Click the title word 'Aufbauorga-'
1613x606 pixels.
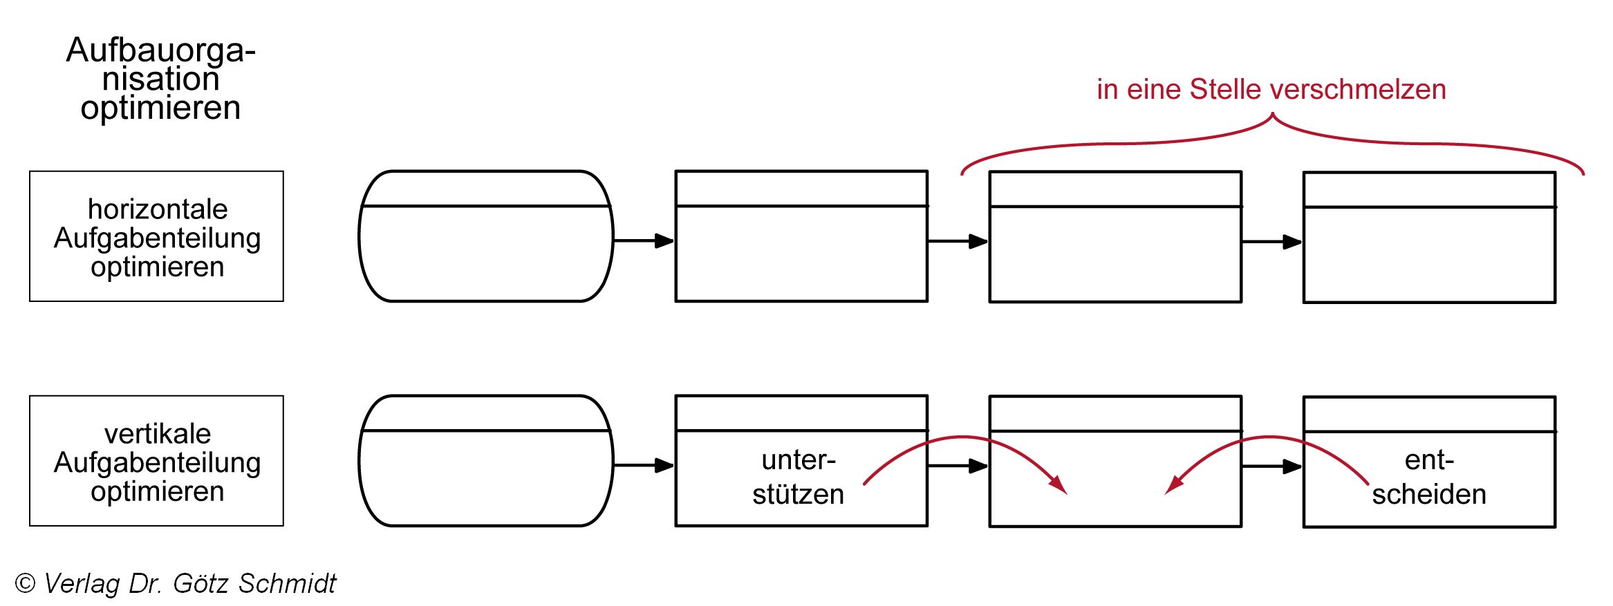[x=160, y=50]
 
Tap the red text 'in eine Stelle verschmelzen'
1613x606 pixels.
[x=1271, y=89]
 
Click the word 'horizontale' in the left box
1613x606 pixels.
[x=158, y=209]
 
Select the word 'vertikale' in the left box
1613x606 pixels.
[x=158, y=433]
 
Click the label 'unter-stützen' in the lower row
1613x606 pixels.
[x=799, y=477]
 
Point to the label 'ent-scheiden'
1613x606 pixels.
[x=1429, y=477]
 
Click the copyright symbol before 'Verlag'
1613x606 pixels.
[x=25, y=583]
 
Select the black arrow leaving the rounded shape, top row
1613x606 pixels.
[x=644, y=240]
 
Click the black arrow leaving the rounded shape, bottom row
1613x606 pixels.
[x=644, y=465]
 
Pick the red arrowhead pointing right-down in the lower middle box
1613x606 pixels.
[x=1058, y=485]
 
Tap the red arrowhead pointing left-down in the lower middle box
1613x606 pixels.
[x=1174, y=485]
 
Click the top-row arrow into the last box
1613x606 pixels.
[x=1272, y=242]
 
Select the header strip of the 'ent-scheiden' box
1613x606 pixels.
[x=1429, y=414]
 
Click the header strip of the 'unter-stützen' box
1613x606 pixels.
[x=801, y=413]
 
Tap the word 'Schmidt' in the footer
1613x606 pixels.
[x=287, y=583]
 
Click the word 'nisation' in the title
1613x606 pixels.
[x=160, y=79]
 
